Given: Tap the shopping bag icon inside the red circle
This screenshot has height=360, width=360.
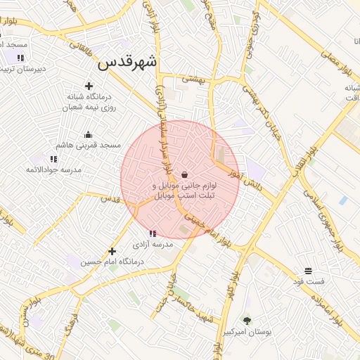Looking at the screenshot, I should pos(184,174).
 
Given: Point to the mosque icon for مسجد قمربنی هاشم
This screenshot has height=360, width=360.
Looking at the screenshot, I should pos(88,134).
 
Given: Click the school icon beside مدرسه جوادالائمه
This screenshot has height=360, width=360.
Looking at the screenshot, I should pos(54,160).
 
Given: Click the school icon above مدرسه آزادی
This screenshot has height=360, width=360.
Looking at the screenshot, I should pos(152,233).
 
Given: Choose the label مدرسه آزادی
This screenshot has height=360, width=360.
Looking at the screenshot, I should pos(153,245).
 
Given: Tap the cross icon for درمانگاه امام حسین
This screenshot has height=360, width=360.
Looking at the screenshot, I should pos(111,251).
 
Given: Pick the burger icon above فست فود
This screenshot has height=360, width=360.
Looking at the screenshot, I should pos(308,271).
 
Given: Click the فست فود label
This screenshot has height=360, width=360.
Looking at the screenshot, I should pos(309,282).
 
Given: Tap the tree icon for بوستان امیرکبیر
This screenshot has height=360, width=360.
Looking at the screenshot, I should pos(246,320).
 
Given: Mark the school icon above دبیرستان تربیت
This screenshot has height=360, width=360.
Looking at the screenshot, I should pos(20,58).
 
